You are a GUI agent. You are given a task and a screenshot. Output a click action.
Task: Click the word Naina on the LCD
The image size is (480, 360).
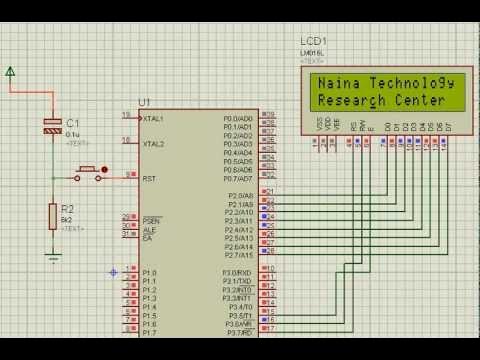[x=337, y=85]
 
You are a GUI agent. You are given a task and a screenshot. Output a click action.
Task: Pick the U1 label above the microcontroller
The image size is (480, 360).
[x=144, y=102]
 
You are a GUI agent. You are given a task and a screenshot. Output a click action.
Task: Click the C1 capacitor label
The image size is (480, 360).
[x=72, y=123]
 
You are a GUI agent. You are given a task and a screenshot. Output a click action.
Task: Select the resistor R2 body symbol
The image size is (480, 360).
[x=52, y=214]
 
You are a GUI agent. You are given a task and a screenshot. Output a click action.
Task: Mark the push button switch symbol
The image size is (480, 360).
[x=88, y=173]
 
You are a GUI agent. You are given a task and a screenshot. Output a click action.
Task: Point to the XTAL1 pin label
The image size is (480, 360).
[x=153, y=118]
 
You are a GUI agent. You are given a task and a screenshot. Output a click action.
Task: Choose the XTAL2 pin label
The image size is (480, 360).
[x=153, y=144]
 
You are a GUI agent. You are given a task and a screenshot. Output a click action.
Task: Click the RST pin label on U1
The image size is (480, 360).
[x=148, y=178]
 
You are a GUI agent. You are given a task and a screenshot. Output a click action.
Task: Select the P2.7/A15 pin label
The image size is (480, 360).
[x=236, y=254]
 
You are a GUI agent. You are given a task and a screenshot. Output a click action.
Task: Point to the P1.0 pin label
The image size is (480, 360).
[x=149, y=272]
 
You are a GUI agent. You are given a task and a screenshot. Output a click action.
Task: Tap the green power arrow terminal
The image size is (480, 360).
[x=10, y=71]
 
